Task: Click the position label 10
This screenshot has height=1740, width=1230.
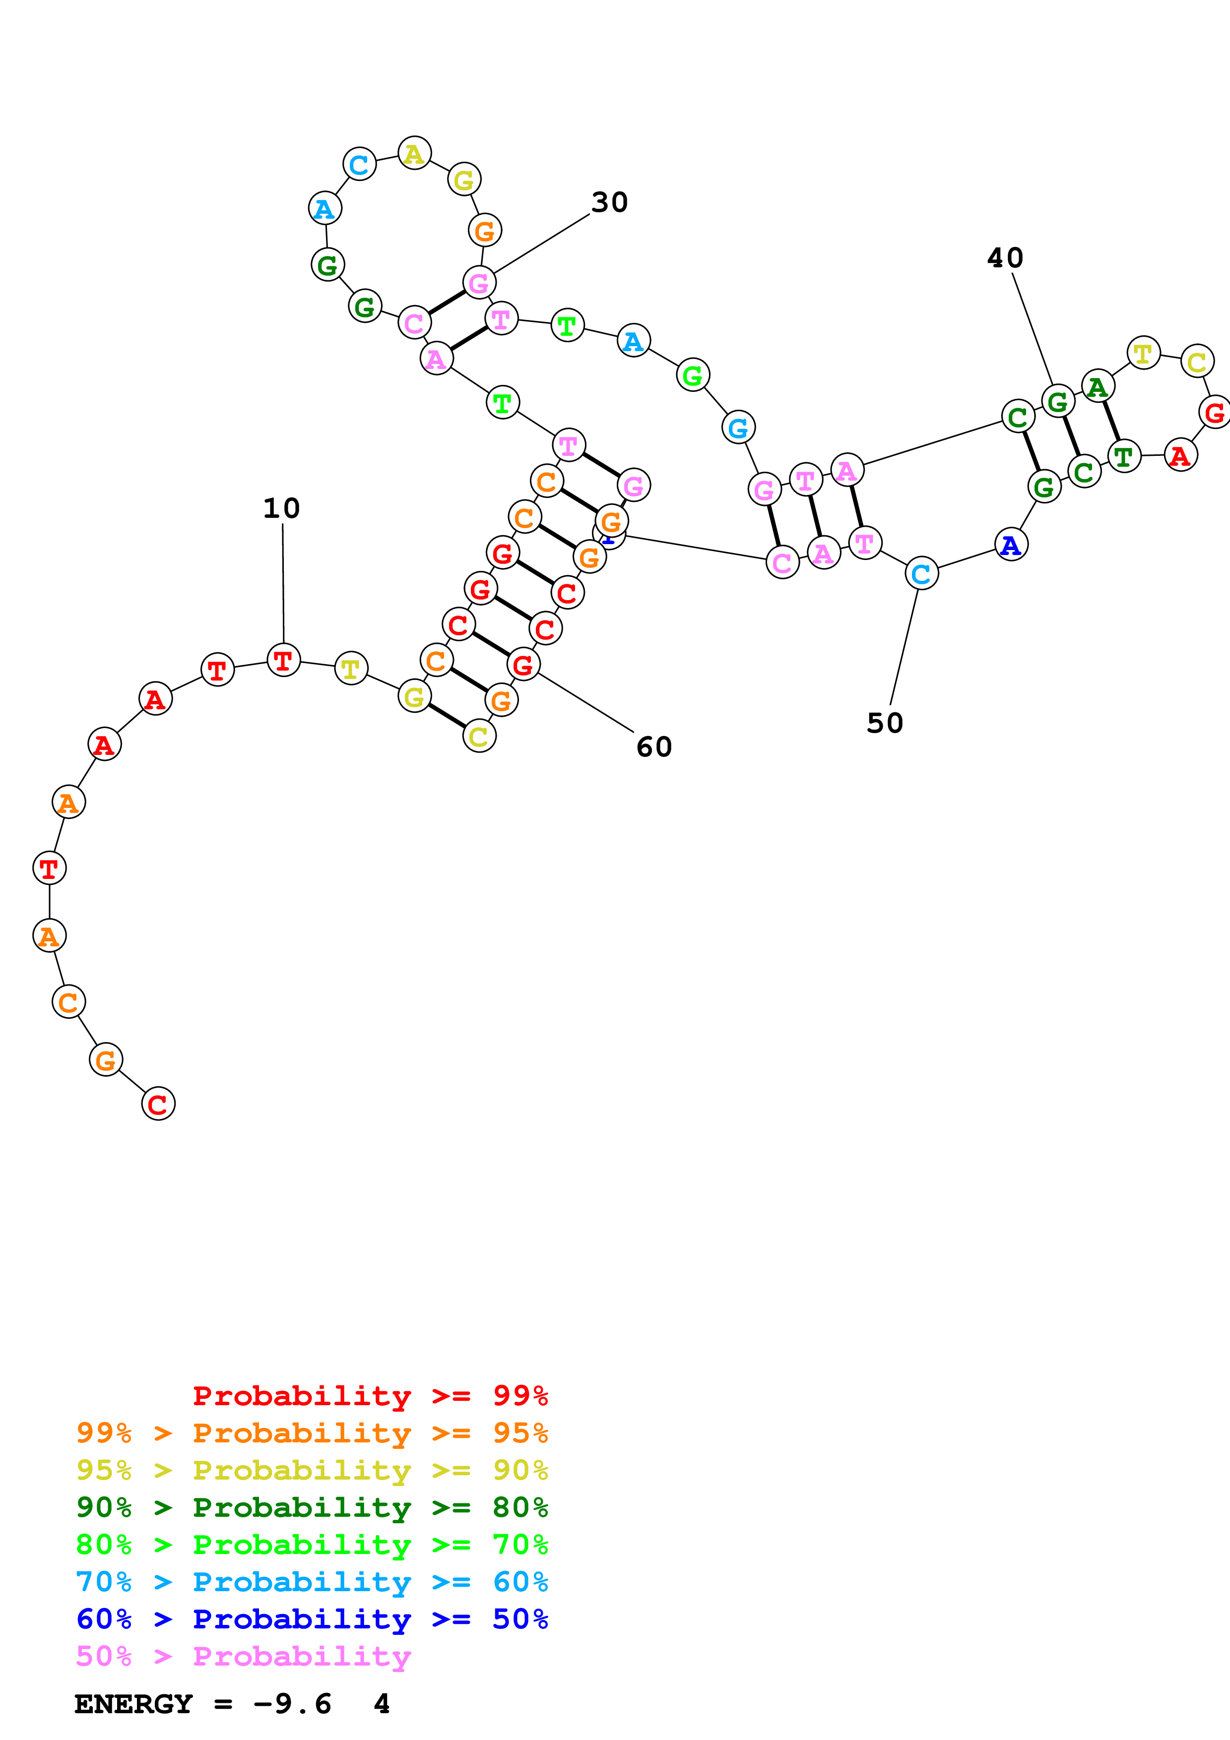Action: click(281, 508)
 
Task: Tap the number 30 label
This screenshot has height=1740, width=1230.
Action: click(609, 202)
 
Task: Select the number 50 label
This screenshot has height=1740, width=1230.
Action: click(884, 723)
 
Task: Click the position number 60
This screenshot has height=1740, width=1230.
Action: click(654, 747)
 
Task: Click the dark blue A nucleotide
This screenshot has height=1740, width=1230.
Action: click(1010, 545)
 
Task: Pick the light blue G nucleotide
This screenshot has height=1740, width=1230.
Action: click(737, 428)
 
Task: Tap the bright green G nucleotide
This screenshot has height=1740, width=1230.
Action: click(693, 375)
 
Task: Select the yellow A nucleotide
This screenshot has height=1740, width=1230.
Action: click(414, 154)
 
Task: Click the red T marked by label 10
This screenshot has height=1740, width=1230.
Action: click(283, 661)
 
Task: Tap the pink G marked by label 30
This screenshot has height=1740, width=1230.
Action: click(479, 283)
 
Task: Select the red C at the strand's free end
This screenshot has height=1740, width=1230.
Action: click(158, 1104)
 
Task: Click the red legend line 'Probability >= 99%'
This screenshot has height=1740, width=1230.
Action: click(370, 1396)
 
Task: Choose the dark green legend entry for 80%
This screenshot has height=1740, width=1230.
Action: click(312, 1507)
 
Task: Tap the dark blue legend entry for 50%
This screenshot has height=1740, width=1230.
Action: click(312, 1619)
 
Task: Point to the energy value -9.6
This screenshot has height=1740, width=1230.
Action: click(293, 1704)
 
